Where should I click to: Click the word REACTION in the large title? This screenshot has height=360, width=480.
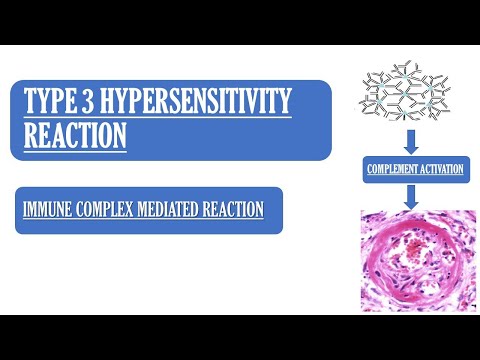pyautogui.click(x=76, y=134)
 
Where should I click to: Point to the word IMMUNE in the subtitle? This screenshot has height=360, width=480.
pyautogui.click(x=48, y=210)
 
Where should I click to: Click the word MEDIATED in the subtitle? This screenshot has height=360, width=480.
pyautogui.click(x=169, y=210)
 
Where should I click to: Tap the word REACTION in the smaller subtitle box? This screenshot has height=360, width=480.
pyautogui.click(x=232, y=210)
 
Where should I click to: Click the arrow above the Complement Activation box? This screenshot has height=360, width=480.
pyautogui.click(x=412, y=138)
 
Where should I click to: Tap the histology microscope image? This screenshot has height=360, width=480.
pyautogui.click(x=412, y=260)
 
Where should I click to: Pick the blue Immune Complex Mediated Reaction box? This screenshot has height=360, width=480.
pyautogui.click(x=148, y=210)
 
